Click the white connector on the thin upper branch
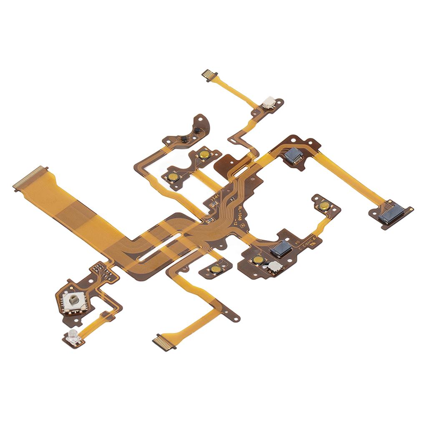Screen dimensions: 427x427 point(269,102)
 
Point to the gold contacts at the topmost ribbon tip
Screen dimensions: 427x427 point(210,75)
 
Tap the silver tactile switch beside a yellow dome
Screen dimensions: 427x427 point(274,267)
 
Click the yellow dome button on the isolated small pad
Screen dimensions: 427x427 point(215,269)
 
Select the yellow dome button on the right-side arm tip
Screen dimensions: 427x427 point(324,205)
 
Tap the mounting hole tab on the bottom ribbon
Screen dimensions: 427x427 point(232,316)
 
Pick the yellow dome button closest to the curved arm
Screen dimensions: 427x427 point(203,155)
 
